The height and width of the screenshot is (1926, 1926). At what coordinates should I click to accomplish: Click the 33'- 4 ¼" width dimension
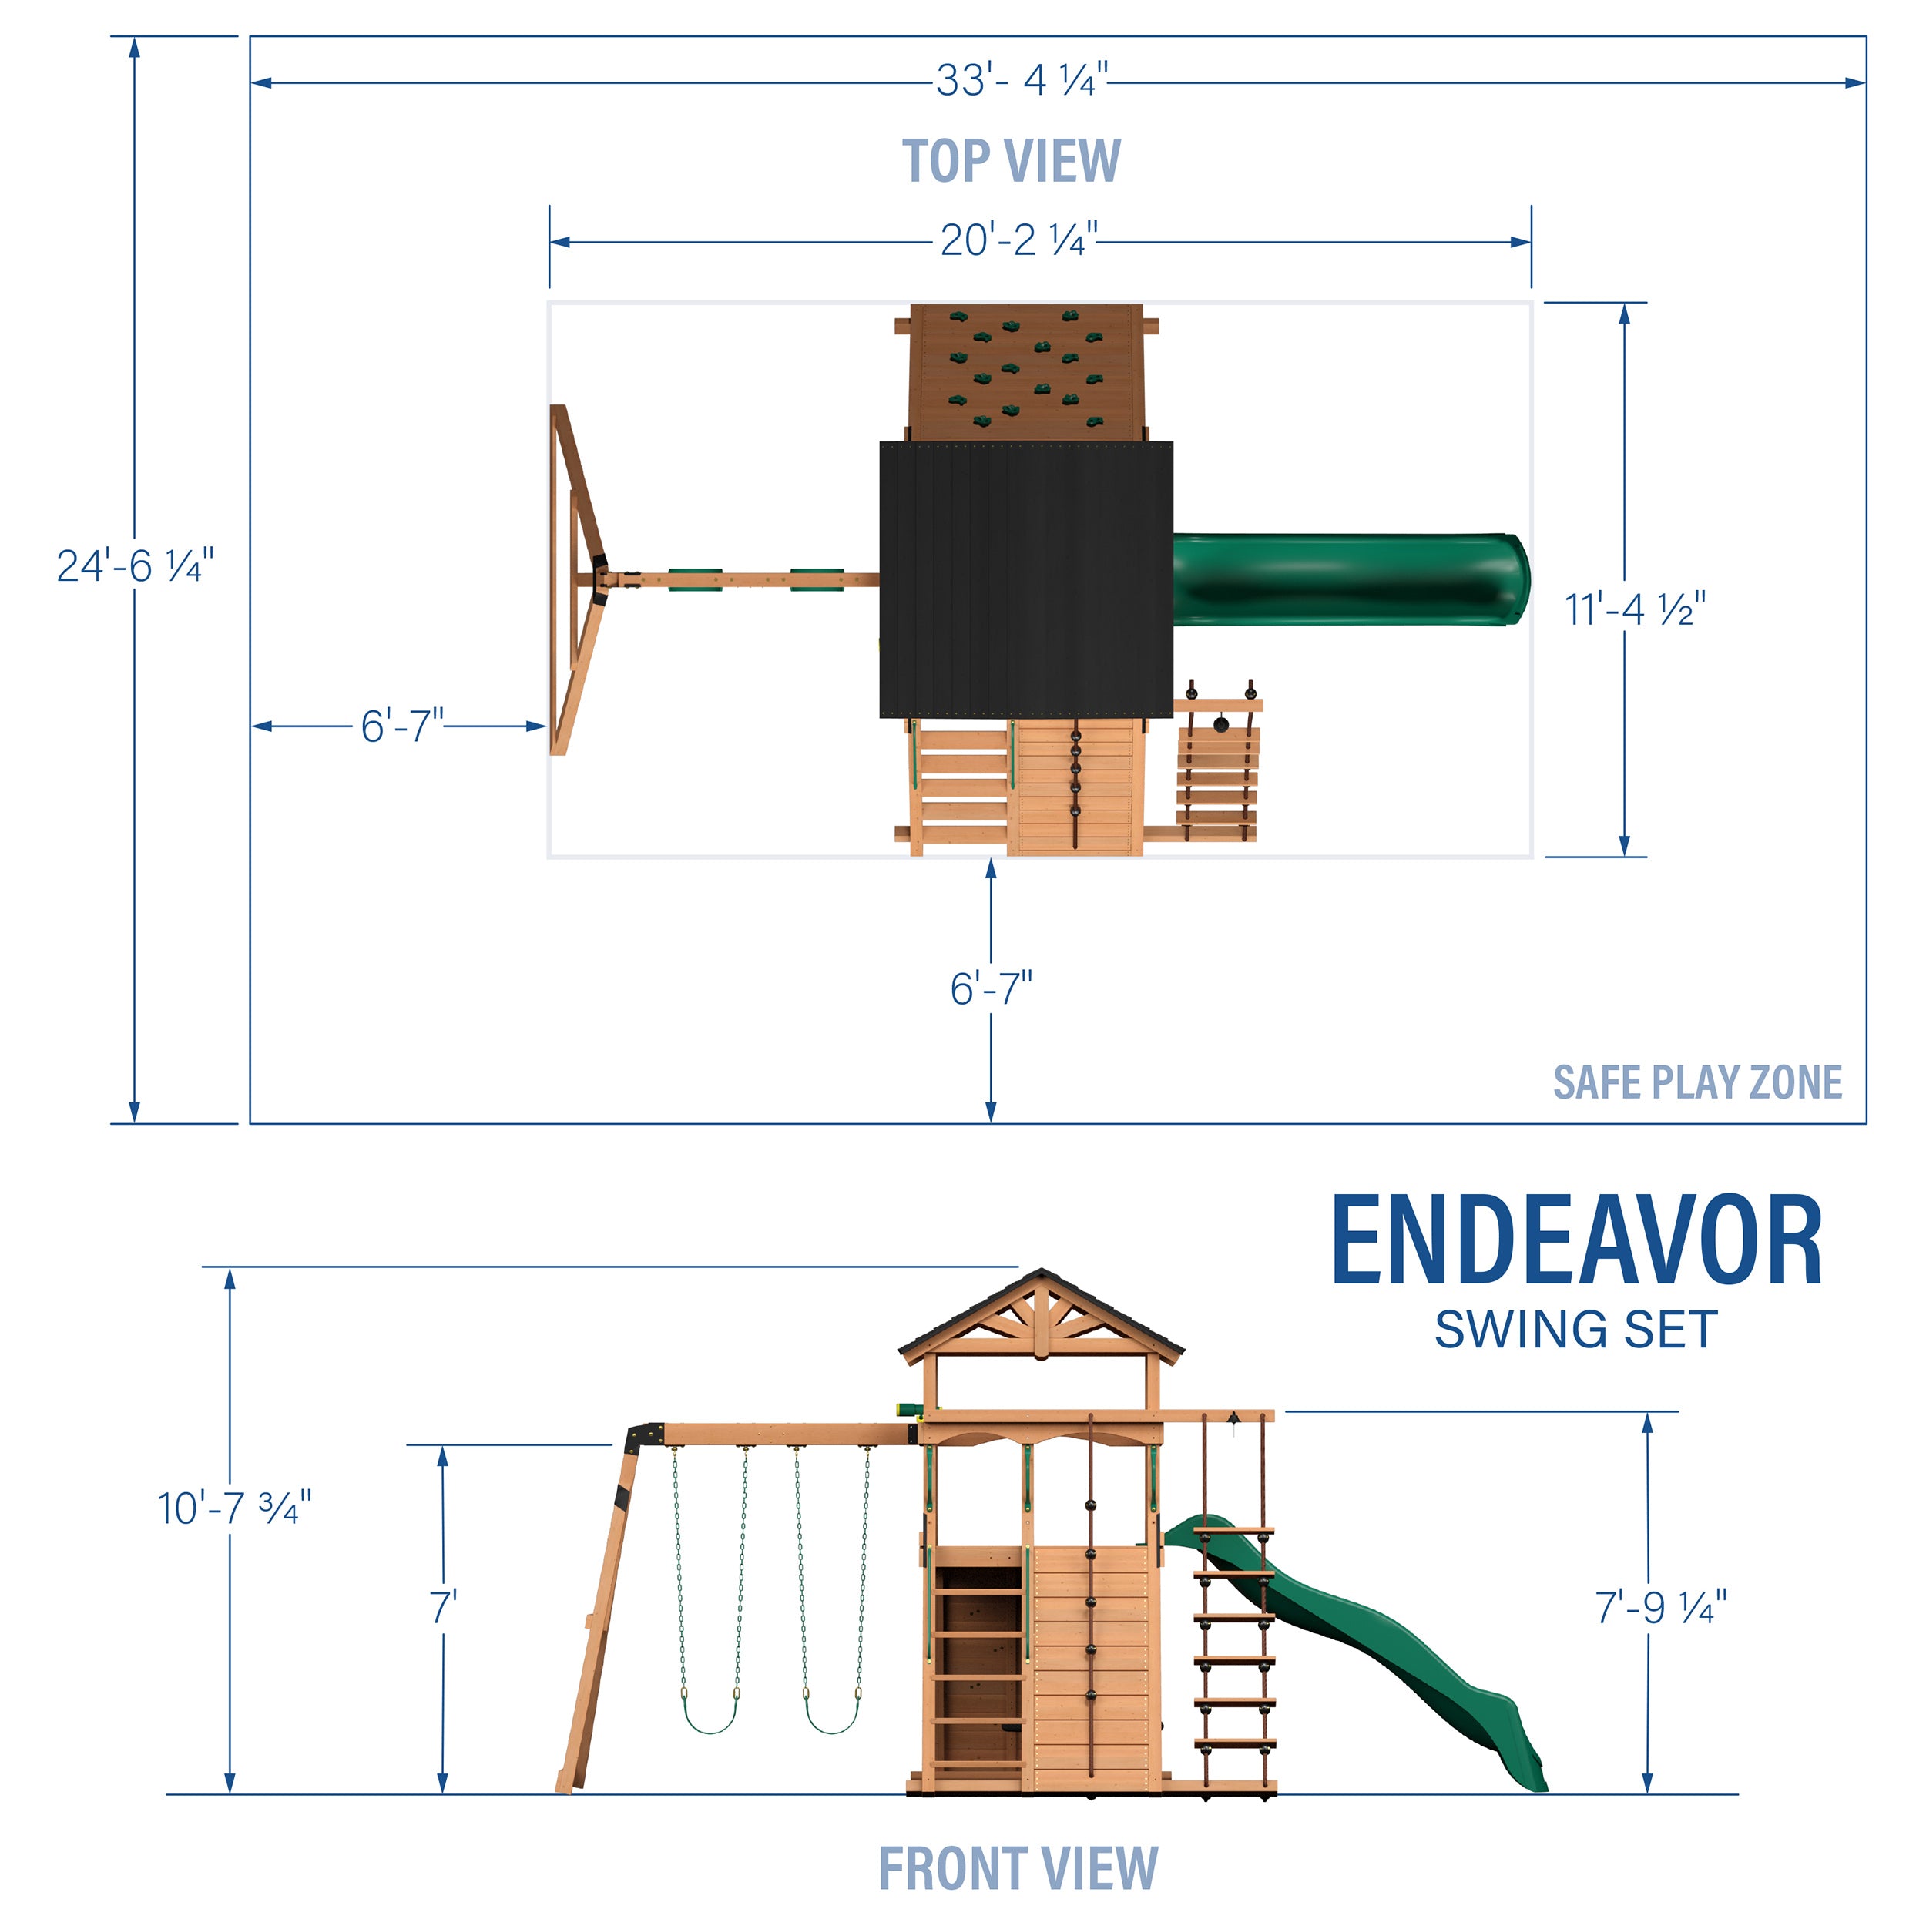pyautogui.click(x=1021, y=81)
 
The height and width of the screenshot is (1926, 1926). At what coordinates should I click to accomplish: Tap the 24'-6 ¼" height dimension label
pyautogui.click(x=135, y=566)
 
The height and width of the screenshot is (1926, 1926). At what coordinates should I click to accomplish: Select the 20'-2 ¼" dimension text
pyautogui.click(x=1018, y=240)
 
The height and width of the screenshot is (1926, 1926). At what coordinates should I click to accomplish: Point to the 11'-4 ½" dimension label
pyautogui.click(x=1635, y=610)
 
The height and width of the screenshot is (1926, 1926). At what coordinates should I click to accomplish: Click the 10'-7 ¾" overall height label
pyautogui.click(x=234, y=1508)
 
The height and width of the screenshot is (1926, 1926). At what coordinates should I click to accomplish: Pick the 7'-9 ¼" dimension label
pyautogui.click(x=1660, y=1608)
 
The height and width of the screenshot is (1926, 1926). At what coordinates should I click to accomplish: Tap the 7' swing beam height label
pyautogui.click(x=443, y=1608)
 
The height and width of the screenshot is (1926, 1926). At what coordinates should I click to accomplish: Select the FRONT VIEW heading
pyautogui.click(x=1017, y=1868)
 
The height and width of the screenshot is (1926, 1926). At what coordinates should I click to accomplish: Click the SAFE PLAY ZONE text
pyautogui.click(x=1696, y=1082)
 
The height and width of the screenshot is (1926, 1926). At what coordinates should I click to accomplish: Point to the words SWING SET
pyautogui.click(x=1575, y=1330)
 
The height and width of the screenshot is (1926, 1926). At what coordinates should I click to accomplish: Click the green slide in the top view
pyautogui.click(x=1351, y=580)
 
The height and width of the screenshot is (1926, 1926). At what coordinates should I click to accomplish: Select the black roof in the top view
pyautogui.click(x=1026, y=580)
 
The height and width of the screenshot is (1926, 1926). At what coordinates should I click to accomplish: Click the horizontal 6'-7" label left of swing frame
pyautogui.click(x=401, y=726)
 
